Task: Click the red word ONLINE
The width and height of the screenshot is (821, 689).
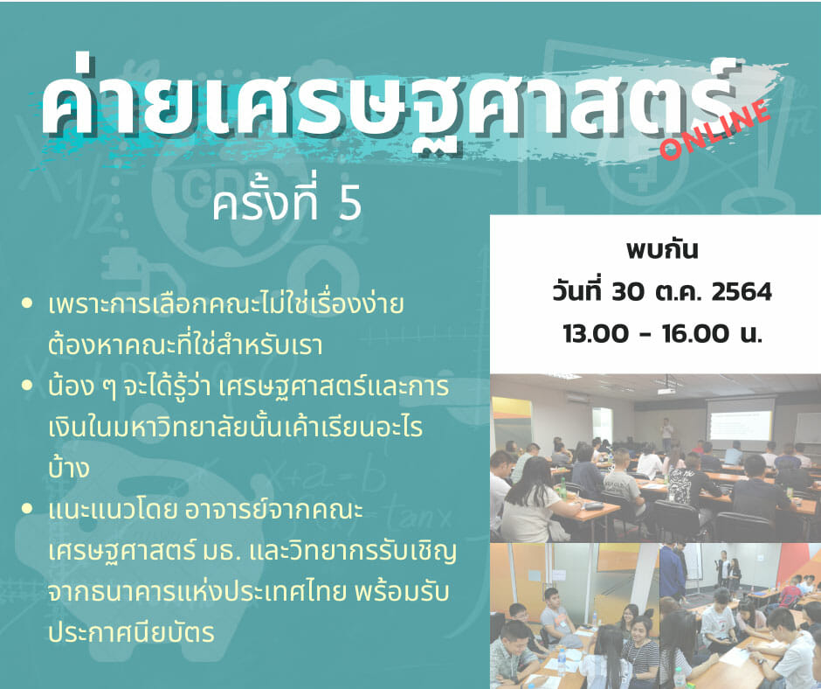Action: pos(715,129)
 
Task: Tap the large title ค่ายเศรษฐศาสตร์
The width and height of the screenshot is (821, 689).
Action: pos(387,105)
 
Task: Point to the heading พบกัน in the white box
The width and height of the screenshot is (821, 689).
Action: pos(662,249)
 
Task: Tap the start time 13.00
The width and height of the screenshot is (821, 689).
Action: pos(596,333)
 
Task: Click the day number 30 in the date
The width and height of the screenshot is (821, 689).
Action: pos(628,292)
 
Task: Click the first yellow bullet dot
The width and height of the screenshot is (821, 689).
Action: pos(27,303)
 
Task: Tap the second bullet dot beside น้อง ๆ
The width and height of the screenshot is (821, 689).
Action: pos(27,386)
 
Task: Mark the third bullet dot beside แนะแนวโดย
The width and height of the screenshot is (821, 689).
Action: pos(27,509)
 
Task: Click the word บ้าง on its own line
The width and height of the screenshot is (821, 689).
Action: pos(69,466)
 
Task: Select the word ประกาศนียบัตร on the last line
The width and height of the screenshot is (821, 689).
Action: pos(131,632)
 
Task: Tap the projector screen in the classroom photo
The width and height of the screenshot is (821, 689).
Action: pos(740,420)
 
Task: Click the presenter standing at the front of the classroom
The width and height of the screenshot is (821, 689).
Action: pos(666,434)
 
